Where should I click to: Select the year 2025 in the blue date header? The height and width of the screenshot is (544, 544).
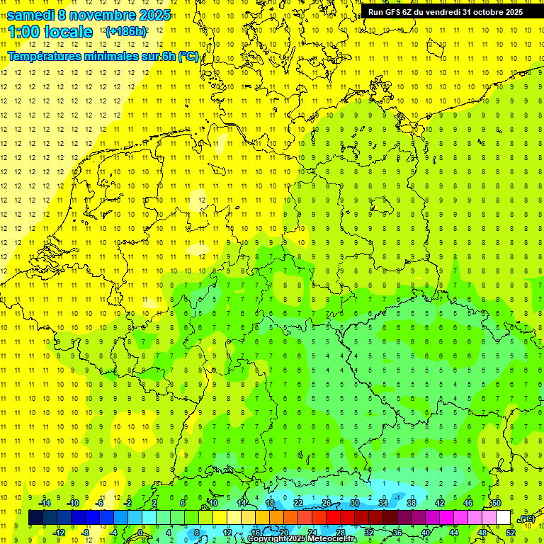tap(154, 15)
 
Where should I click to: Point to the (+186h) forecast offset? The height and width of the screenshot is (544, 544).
tap(125, 32)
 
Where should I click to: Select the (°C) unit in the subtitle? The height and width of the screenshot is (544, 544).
tap(188, 56)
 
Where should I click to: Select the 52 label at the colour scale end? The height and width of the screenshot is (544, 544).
tap(511, 533)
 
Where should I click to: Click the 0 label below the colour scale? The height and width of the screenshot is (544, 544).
tap(140, 533)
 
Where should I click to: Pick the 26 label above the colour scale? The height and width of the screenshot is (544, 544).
tap(327, 503)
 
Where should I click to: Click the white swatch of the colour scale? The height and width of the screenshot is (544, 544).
tap(503, 518)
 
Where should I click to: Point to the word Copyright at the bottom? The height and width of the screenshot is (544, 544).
tap(267, 539)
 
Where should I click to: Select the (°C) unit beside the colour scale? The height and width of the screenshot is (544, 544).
tap(526, 518)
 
